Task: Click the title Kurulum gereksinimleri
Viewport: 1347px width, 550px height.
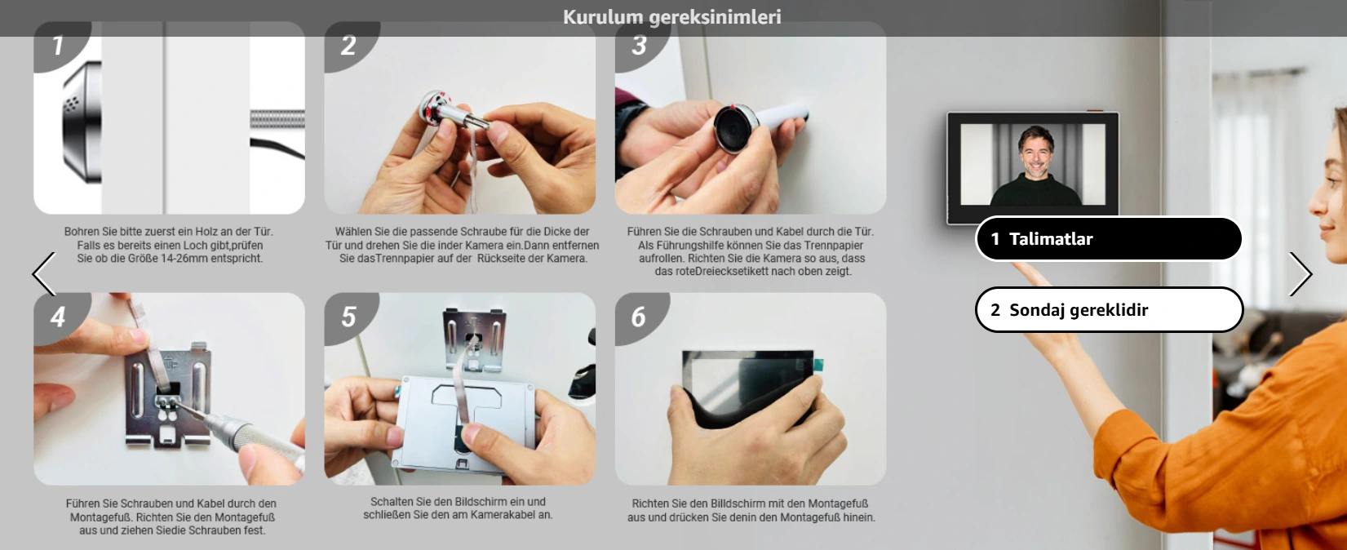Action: pos(671,17)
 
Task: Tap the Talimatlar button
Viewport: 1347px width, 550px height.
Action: pos(1108,239)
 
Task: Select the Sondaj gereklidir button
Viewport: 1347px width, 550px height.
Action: pos(1108,310)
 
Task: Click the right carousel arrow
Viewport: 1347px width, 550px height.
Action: pos(1300,274)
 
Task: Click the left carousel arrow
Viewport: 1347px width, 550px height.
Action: pos(44,274)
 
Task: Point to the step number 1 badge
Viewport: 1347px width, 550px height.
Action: pos(58,45)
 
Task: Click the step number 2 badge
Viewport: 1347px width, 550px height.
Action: pos(348,45)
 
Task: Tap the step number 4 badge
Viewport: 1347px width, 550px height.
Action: pos(58,317)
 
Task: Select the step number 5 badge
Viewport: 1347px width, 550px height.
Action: pos(348,317)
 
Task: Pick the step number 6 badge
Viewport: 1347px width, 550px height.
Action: pos(639,317)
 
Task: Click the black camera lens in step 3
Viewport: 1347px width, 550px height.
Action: pos(736,128)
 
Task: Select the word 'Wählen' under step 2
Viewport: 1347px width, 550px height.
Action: pos(353,232)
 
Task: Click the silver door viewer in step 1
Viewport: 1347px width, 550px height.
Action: pos(82,122)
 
